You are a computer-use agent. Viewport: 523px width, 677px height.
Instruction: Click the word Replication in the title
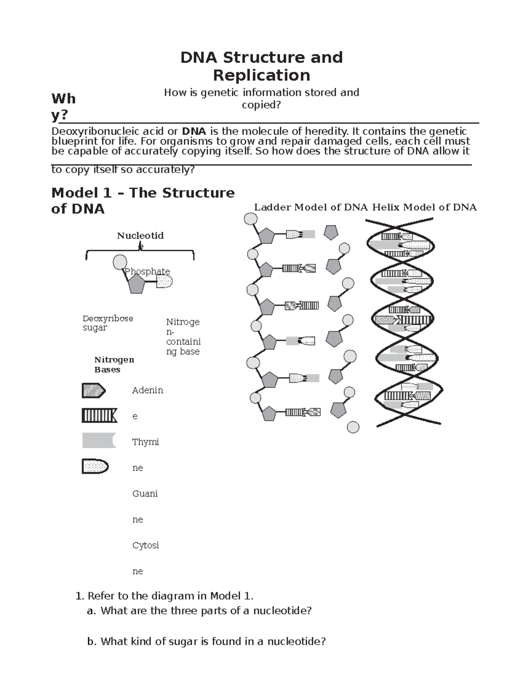point(261,75)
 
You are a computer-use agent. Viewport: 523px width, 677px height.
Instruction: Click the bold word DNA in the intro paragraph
point(194,131)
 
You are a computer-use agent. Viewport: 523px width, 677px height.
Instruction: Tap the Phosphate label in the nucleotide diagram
point(147,271)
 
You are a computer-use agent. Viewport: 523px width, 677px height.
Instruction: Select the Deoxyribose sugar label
point(108,323)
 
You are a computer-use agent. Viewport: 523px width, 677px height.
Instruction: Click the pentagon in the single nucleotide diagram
point(136,284)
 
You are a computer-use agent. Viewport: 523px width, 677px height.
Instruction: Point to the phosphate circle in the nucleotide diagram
point(119,262)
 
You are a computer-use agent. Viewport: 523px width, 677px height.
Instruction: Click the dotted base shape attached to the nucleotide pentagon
point(164,282)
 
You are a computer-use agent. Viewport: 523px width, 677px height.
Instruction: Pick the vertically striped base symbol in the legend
point(99,416)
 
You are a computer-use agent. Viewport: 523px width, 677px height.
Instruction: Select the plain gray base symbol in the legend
point(99,441)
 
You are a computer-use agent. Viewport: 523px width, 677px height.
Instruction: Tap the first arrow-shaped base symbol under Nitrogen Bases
point(94,391)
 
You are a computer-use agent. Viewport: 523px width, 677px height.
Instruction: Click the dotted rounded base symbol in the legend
point(95,466)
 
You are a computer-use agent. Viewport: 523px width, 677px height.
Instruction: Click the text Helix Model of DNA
point(424,208)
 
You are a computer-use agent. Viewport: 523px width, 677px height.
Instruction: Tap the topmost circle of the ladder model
point(251,218)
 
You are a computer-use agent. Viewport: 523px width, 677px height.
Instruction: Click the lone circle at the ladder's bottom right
point(353,427)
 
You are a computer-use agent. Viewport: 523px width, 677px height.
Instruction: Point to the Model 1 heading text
point(143,201)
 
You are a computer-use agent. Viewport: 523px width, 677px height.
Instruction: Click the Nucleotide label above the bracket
point(140,236)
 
